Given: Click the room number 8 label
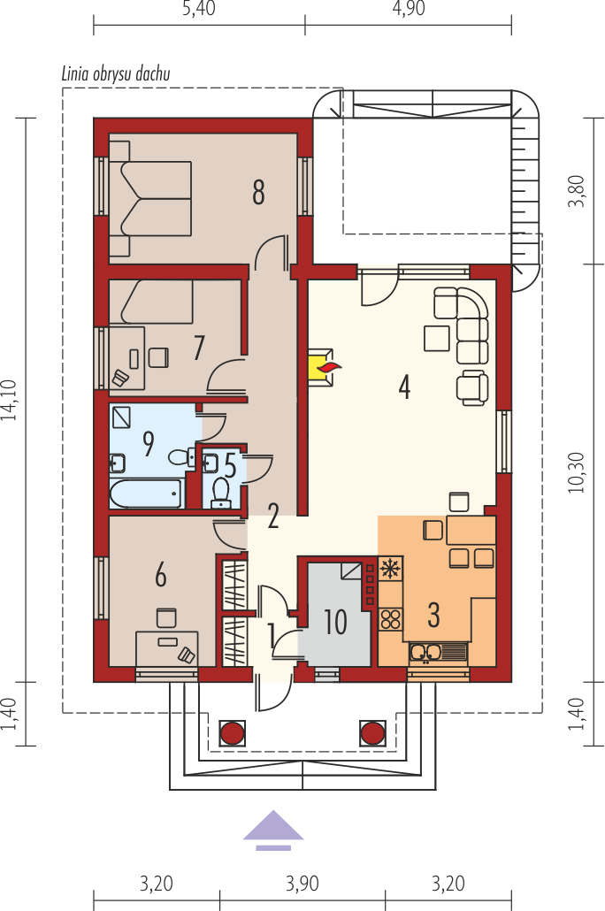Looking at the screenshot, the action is click(x=258, y=192).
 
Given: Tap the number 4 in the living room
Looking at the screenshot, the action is click(x=404, y=387).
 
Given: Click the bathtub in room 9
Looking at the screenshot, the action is click(x=145, y=494).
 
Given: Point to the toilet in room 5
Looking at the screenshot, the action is click(x=221, y=492).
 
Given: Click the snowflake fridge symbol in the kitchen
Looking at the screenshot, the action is click(x=391, y=568).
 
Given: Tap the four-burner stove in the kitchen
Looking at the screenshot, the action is click(x=391, y=619).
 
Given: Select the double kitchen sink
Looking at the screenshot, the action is click(x=438, y=653).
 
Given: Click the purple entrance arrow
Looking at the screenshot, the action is click(x=273, y=831).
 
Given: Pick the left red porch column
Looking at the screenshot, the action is click(x=232, y=733).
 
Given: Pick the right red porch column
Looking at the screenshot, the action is click(x=372, y=733).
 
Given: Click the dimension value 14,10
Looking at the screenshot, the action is click(x=10, y=400).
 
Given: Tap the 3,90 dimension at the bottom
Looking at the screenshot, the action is click(x=302, y=884).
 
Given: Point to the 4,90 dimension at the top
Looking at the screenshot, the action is click(x=409, y=8).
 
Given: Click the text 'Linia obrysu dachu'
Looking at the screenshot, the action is click(x=116, y=73).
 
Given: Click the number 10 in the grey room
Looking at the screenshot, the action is click(x=335, y=623).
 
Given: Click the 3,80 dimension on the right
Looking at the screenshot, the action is click(x=577, y=190).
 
